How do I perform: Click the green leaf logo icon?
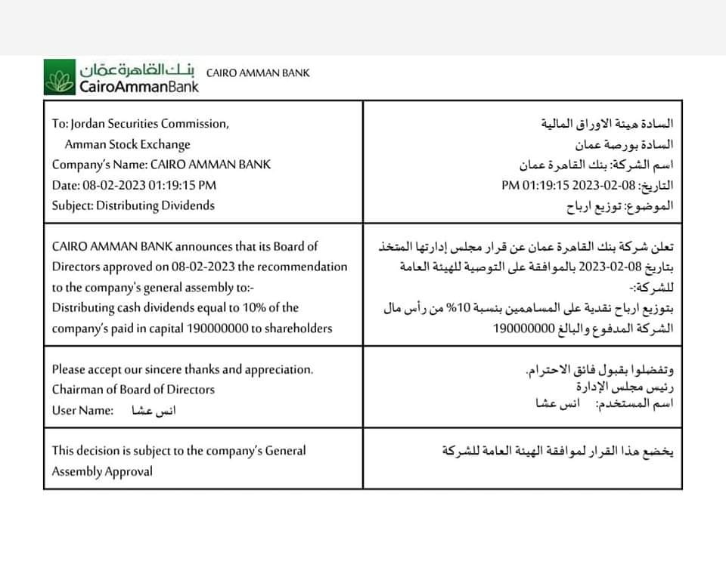pyautogui.click(x=58, y=79)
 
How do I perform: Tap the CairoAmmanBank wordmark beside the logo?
pyautogui.click(x=139, y=87)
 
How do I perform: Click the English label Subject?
pyautogui.click(x=73, y=205)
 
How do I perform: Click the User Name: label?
pyautogui.click(x=82, y=410)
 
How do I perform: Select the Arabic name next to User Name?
pyautogui.click(x=154, y=411)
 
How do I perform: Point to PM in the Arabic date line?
pyautogui.click(x=510, y=185)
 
